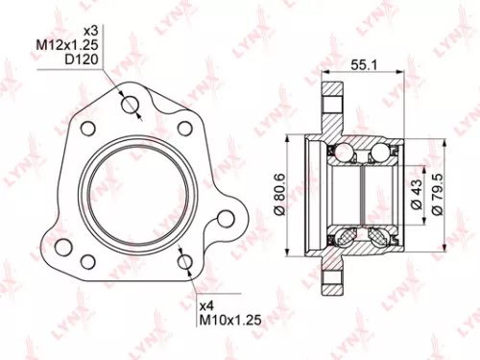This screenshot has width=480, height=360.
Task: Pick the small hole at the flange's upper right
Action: [184, 127]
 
